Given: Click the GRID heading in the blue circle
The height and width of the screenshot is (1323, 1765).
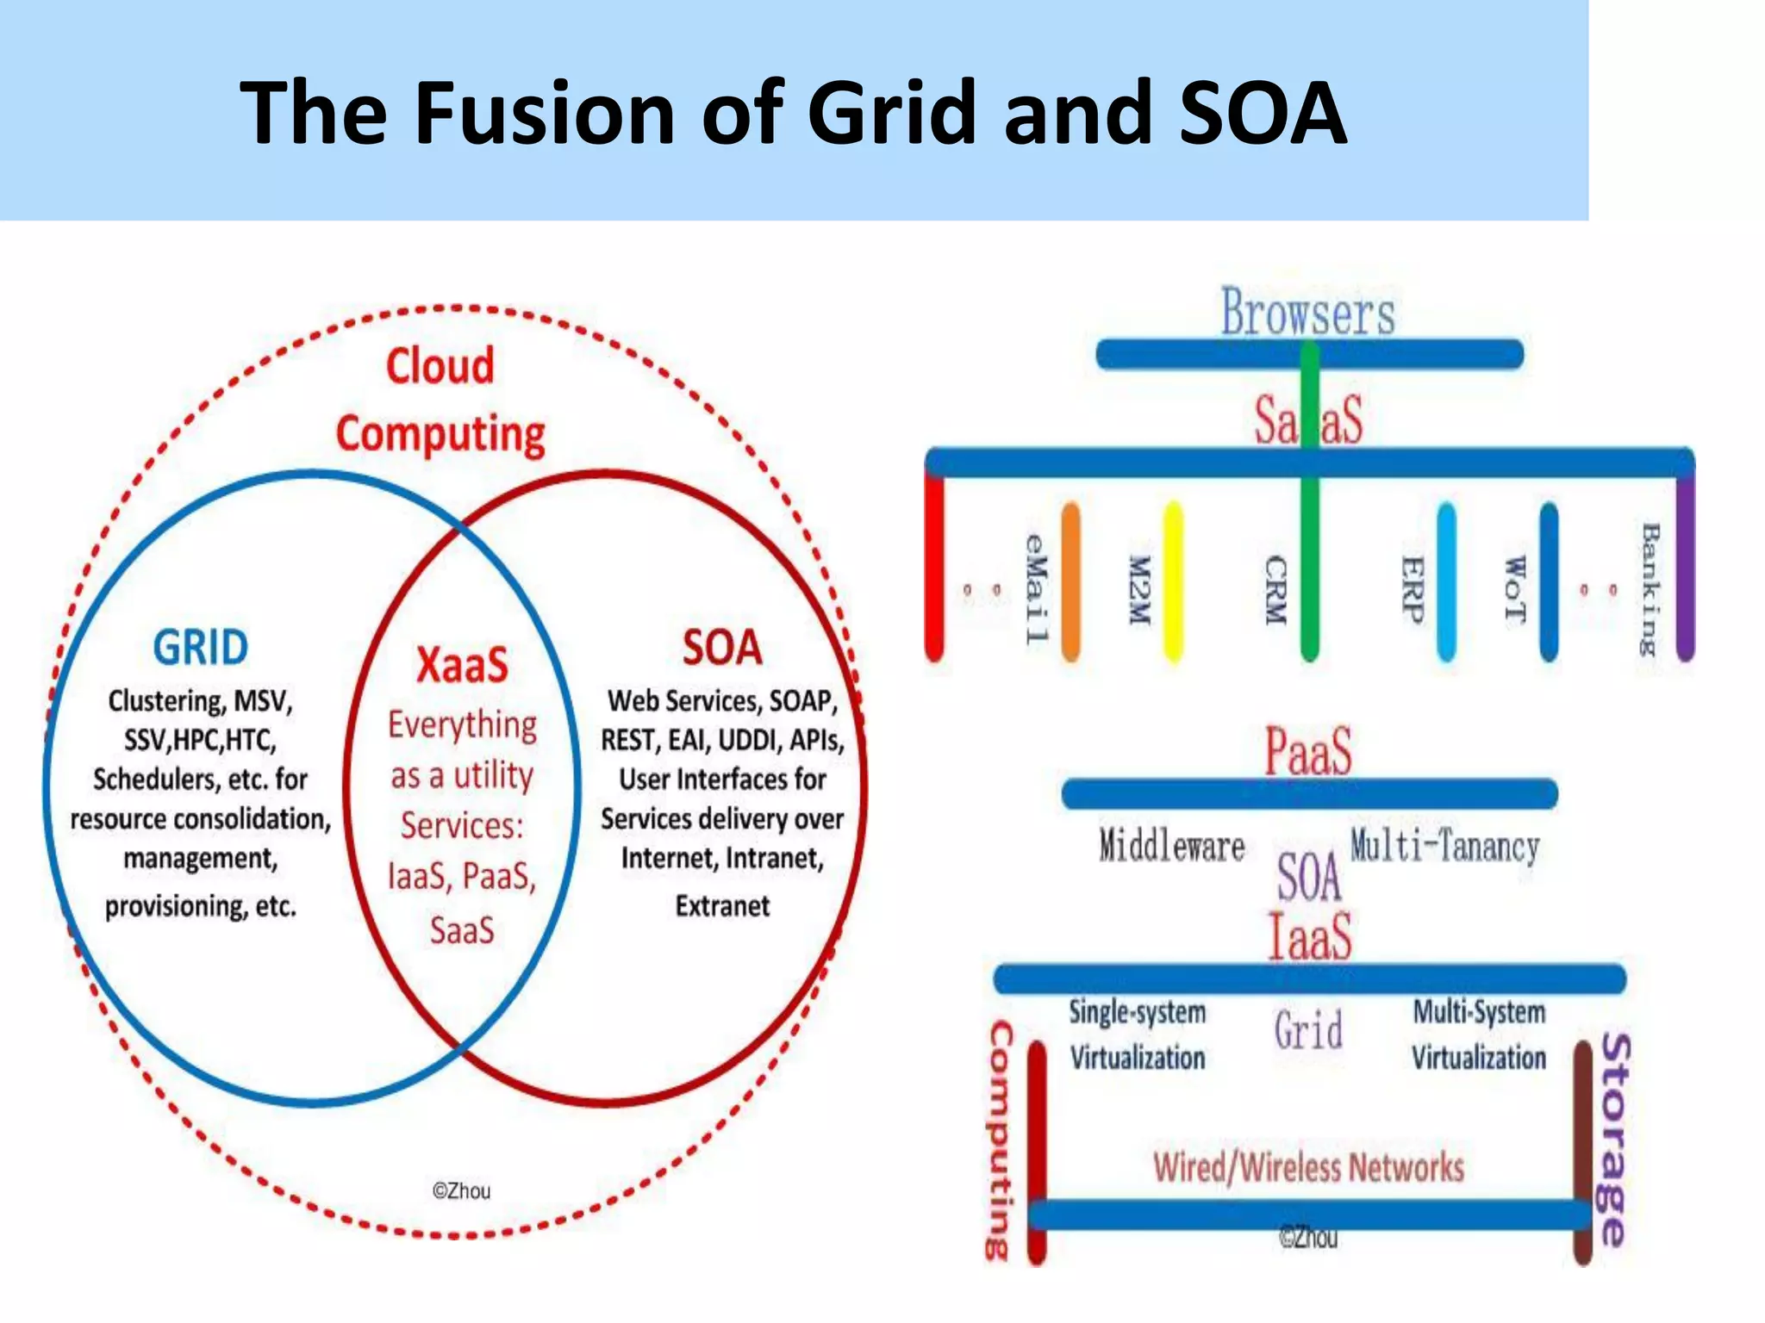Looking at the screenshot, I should [200, 648].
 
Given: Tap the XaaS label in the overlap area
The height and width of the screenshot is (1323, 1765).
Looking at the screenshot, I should [462, 665].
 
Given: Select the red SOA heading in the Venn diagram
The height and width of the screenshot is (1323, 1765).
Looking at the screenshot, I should [722, 648].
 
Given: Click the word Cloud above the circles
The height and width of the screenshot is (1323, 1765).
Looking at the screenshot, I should [440, 365].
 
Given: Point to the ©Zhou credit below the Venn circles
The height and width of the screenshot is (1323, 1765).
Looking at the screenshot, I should [461, 1191].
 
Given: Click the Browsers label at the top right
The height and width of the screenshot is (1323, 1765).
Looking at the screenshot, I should [1307, 312].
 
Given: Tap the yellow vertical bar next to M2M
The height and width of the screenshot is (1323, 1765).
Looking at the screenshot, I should [1173, 582].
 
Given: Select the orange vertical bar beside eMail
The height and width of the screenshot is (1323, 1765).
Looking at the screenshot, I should [1070, 582].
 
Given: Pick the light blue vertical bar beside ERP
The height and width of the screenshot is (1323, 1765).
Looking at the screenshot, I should [1446, 582].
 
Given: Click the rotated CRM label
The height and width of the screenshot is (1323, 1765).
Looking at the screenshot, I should [1275, 591].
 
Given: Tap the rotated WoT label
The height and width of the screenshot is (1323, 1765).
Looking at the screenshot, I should [1514, 589].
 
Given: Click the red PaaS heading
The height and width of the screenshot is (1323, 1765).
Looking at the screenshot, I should [1307, 751].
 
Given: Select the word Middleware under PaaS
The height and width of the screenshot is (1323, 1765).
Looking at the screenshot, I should [1171, 846].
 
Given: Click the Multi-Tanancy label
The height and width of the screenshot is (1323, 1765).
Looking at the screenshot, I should [1444, 846].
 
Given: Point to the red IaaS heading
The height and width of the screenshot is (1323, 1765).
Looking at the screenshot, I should [1309, 936].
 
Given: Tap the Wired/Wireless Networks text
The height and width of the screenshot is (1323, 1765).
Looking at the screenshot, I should [1308, 1168].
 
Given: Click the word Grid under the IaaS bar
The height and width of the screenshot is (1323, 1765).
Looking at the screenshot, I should [1308, 1030].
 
